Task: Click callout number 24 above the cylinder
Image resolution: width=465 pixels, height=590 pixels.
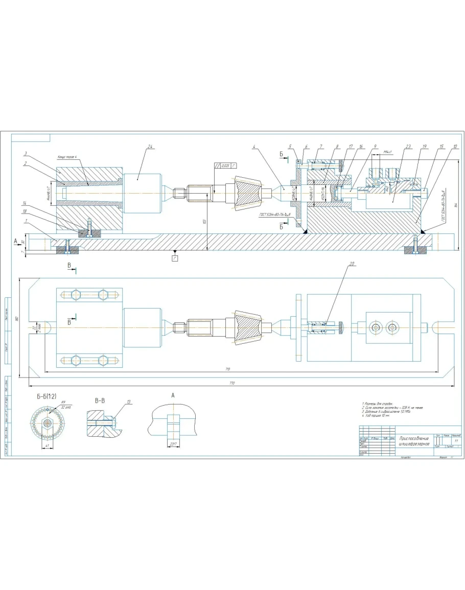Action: [150, 147]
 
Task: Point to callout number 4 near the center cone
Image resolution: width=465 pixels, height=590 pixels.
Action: [253, 147]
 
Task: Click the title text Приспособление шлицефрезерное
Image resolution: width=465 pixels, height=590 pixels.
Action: [414, 441]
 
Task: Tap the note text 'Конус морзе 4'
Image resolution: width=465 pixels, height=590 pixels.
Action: [67, 157]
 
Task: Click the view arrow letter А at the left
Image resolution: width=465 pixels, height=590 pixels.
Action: [16, 240]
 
